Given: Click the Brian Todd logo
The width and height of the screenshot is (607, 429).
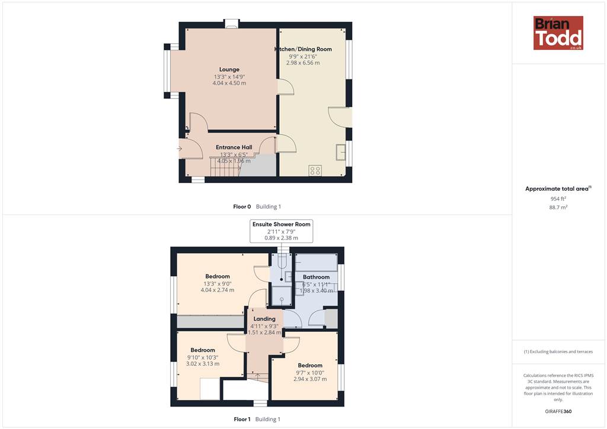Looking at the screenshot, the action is click(x=558, y=33).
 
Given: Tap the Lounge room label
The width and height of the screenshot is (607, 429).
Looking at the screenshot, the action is click(x=229, y=70).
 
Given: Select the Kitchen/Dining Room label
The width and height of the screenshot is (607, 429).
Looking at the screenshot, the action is click(x=303, y=49).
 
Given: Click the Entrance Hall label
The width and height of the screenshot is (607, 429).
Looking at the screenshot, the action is click(x=234, y=148).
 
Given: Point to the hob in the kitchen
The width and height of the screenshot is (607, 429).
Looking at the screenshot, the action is click(x=315, y=170).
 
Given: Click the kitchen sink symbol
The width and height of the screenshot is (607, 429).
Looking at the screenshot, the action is click(x=341, y=152).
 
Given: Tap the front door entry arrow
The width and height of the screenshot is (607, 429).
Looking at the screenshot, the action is click(x=180, y=149).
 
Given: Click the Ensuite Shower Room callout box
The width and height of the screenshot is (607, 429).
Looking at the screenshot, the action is click(x=282, y=231).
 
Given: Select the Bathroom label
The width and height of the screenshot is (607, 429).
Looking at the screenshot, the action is click(x=317, y=277).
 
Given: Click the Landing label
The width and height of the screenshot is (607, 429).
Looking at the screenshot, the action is click(x=264, y=319).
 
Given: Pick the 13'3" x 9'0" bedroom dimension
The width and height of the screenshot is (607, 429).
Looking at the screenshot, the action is click(x=218, y=284).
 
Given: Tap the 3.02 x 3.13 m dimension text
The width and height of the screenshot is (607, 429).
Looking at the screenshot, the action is click(x=203, y=364).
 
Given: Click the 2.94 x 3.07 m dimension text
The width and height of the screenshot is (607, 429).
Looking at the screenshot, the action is click(x=310, y=379).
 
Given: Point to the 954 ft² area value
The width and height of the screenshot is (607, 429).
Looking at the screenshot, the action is click(x=558, y=199).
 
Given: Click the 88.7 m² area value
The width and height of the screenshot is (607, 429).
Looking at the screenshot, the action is click(x=558, y=207).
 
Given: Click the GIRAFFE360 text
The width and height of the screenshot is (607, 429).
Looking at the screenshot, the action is click(x=558, y=411).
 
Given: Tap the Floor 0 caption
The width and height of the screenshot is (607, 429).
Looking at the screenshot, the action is click(x=242, y=207).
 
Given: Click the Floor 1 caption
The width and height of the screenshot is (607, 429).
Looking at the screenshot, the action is click(x=242, y=419).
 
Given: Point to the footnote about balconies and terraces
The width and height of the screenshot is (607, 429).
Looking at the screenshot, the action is click(x=558, y=351).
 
